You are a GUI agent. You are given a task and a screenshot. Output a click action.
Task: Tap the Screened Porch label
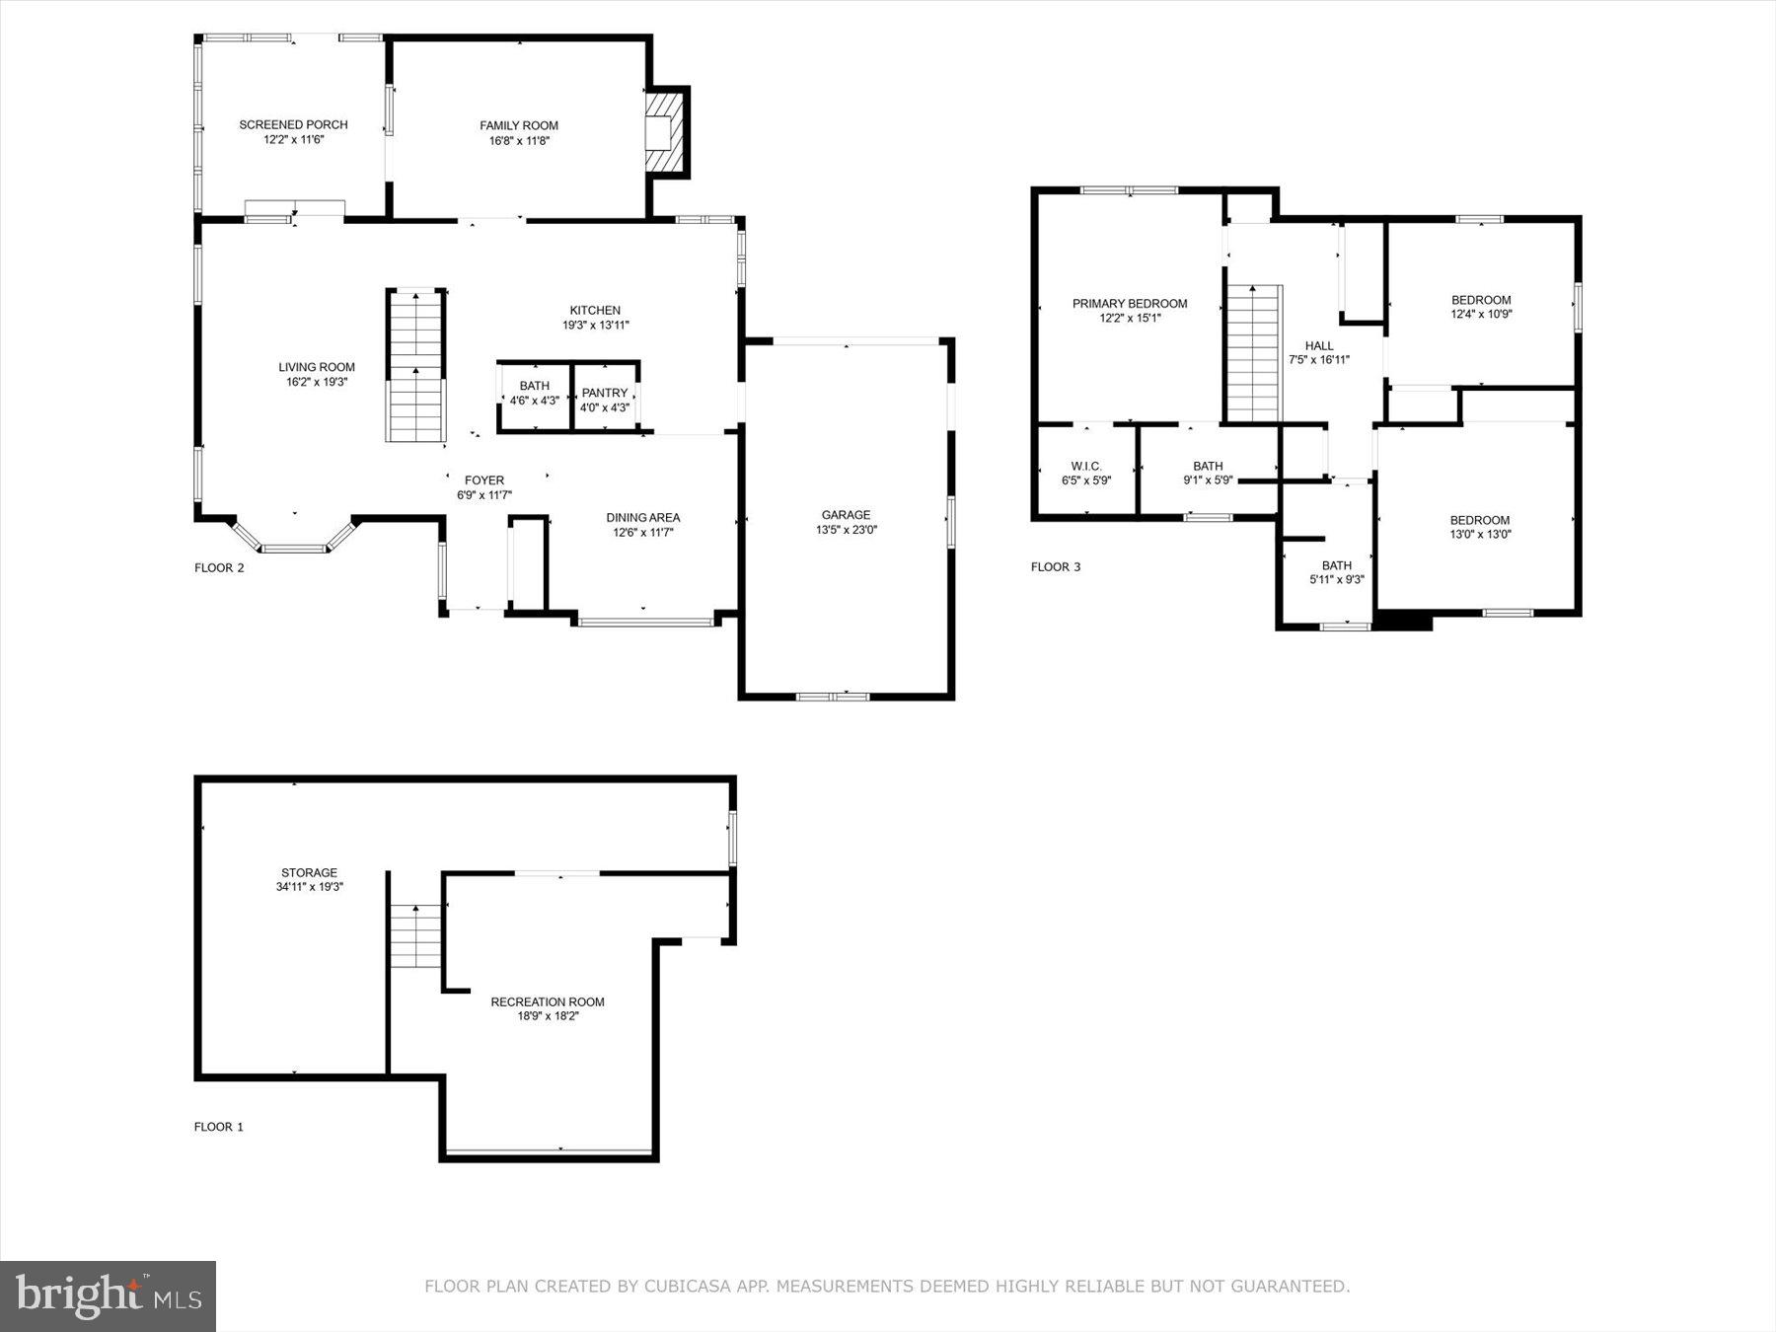pyautogui.click(x=293, y=125)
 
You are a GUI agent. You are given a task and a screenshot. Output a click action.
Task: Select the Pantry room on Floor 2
pyautogui.click(x=605, y=399)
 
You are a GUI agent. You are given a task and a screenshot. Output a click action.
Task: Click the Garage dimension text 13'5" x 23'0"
pyautogui.click(x=847, y=530)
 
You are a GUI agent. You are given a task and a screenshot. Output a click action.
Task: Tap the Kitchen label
pyautogui.click(x=595, y=310)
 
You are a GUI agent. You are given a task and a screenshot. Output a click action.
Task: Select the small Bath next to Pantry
pyautogui.click(x=534, y=399)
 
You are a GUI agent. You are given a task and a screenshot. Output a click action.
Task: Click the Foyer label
pyautogui.click(x=483, y=481)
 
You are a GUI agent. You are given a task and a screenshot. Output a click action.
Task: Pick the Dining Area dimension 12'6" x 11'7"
pyautogui.click(x=642, y=533)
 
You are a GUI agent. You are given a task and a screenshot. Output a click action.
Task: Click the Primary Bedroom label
pyautogui.click(x=1130, y=304)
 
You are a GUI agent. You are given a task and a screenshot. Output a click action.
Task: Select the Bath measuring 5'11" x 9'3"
pyautogui.click(x=1336, y=572)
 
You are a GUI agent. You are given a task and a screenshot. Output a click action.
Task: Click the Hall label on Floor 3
pyautogui.click(x=1319, y=345)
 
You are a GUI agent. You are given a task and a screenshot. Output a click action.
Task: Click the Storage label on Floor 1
pyautogui.click(x=309, y=872)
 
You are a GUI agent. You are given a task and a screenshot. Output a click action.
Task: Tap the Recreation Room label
pyautogui.click(x=548, y=1001)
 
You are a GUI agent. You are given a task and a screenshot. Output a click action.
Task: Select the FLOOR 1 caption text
pyautogui.click(x=219, y=1127)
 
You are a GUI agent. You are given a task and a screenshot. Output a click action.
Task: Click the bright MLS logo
pyautogui.click(x=108, y=1295)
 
